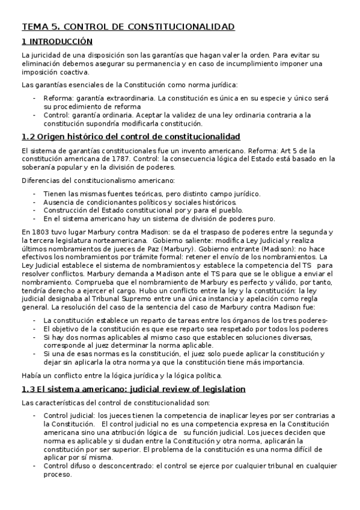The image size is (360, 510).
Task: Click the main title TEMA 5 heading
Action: tap(128, 27)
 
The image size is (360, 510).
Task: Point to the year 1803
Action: tap(42, 232)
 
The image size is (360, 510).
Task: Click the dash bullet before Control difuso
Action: tap(35, 465)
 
